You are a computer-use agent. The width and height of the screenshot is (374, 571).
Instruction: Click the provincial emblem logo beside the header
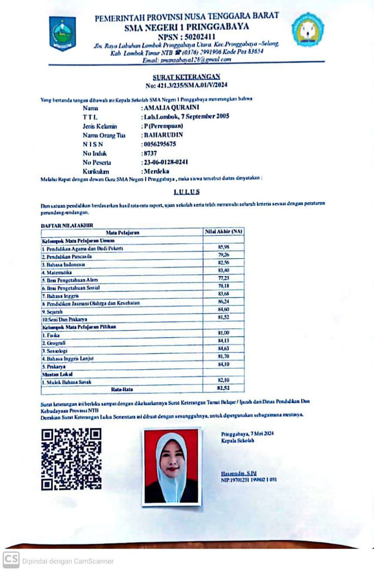point(62,33)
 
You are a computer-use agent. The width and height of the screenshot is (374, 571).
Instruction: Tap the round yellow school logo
point(308,29)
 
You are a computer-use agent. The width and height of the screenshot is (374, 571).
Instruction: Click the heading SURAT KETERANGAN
point(186,77)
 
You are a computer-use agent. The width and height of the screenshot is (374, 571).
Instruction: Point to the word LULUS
point(186,192)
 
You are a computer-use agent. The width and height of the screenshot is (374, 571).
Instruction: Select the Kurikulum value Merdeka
point(156,171)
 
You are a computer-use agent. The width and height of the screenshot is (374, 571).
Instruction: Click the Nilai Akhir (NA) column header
point(223,232)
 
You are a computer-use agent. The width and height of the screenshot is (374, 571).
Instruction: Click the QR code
point(71,459)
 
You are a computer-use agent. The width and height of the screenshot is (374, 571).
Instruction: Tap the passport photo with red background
point(172,466)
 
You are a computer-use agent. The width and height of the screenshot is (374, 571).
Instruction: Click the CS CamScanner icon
point(11,560)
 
